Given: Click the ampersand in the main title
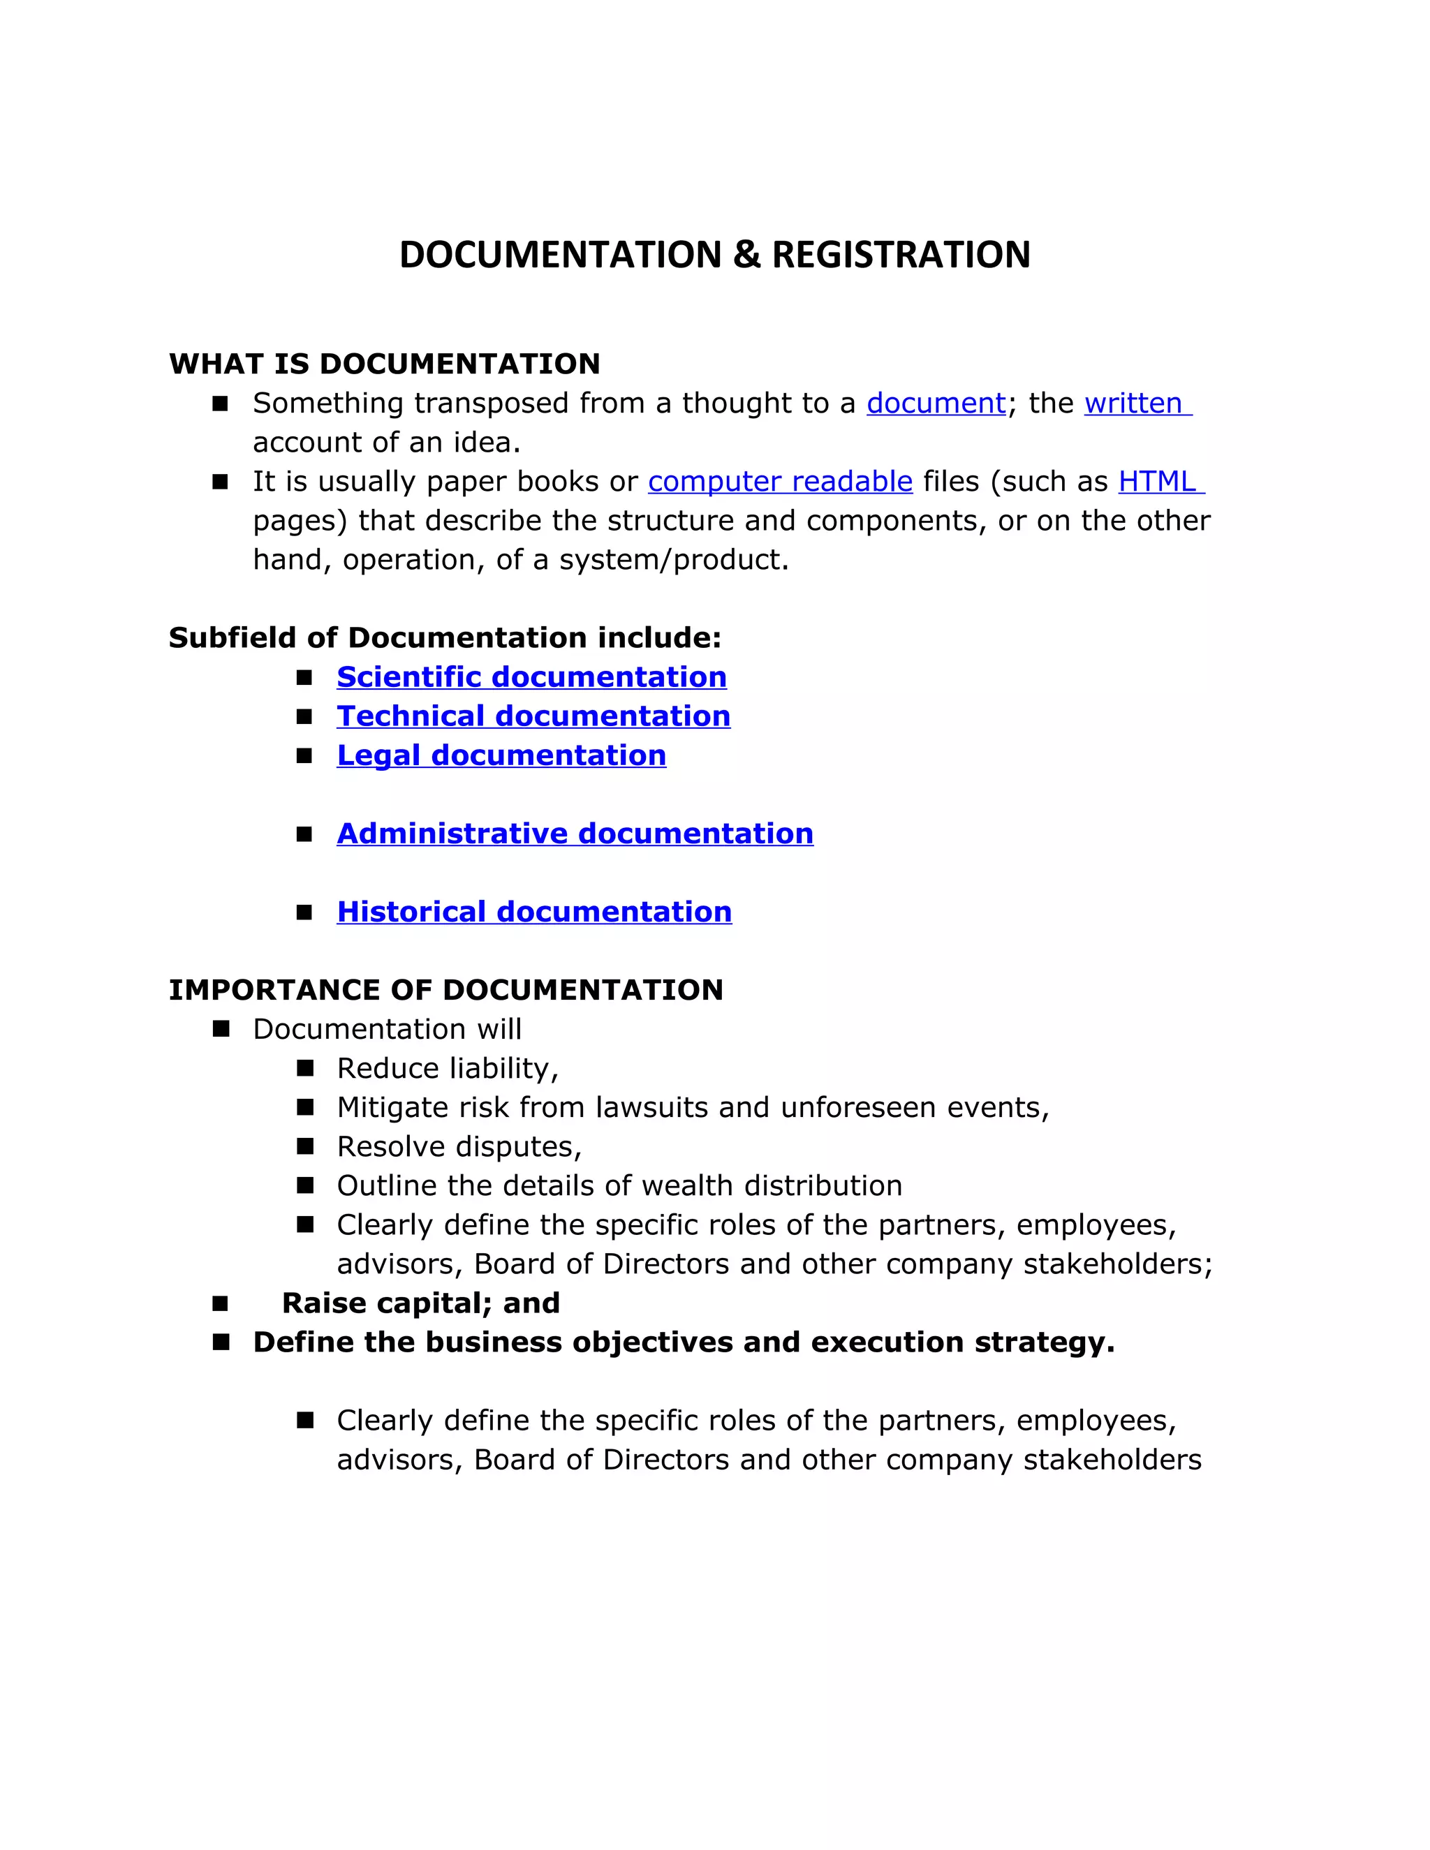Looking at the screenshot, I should pos(746,255).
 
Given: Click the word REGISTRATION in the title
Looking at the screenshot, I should pos(901,255).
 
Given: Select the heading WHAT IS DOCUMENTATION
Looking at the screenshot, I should pos(385,364).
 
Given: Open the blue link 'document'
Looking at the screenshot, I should pos(935,404).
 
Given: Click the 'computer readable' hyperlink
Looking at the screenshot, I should pos(779,481).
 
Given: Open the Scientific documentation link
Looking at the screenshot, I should pos(531,676).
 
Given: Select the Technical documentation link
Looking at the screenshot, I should pos(533,716).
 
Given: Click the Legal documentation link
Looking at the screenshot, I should pos(501,755).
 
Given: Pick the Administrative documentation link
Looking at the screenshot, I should pos(575,834).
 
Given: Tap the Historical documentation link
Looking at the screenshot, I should pos(533,912).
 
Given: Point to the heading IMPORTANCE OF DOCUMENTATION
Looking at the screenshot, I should pos(445,990).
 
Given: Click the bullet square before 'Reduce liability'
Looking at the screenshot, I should pos(305,1068).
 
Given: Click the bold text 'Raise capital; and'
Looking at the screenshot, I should pos(421,1303).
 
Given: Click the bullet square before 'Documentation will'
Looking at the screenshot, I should pos(221,1029).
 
